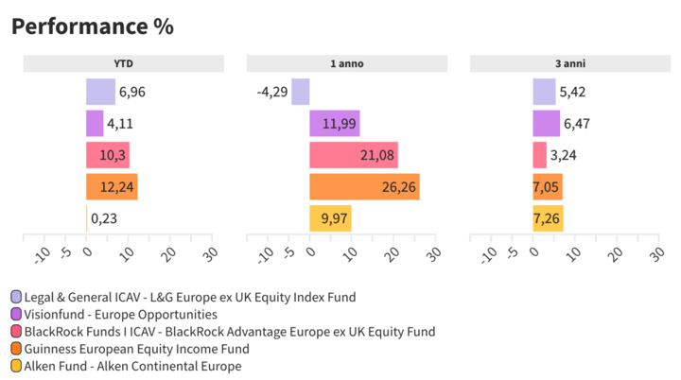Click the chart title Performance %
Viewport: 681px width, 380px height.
click(x=92, y=26)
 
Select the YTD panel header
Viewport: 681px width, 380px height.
click(x=123, y=63)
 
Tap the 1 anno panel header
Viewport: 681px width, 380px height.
click(x=346, y=63)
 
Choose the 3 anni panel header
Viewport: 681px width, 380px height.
click(x=569, y=63)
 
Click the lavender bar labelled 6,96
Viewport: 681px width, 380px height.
click(x=100, y=92)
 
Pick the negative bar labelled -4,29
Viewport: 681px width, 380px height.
click(x=301, y=92)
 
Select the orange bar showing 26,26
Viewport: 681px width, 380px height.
click(x=364, y=187)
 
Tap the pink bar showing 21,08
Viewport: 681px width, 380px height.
click(x=353, y=155)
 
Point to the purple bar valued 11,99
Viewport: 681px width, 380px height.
click(x=334, y=124)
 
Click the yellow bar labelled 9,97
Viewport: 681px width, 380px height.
click(x=330, y=218)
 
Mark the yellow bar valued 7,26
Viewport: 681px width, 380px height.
click(x=548, y=218)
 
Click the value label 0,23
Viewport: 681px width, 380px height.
click(x=103, y=218)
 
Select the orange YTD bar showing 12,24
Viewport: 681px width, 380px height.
click(x=112, y=187)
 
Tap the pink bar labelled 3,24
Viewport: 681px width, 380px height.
click(x=539, y=155)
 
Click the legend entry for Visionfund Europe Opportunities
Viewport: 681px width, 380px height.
click(x=120, y=315)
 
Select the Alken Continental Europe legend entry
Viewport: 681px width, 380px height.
click(x=132, y=366)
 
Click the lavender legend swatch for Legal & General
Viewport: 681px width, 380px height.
click(x=16, y=298)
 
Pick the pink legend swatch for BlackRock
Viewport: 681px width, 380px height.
click(x=16, y=332)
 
